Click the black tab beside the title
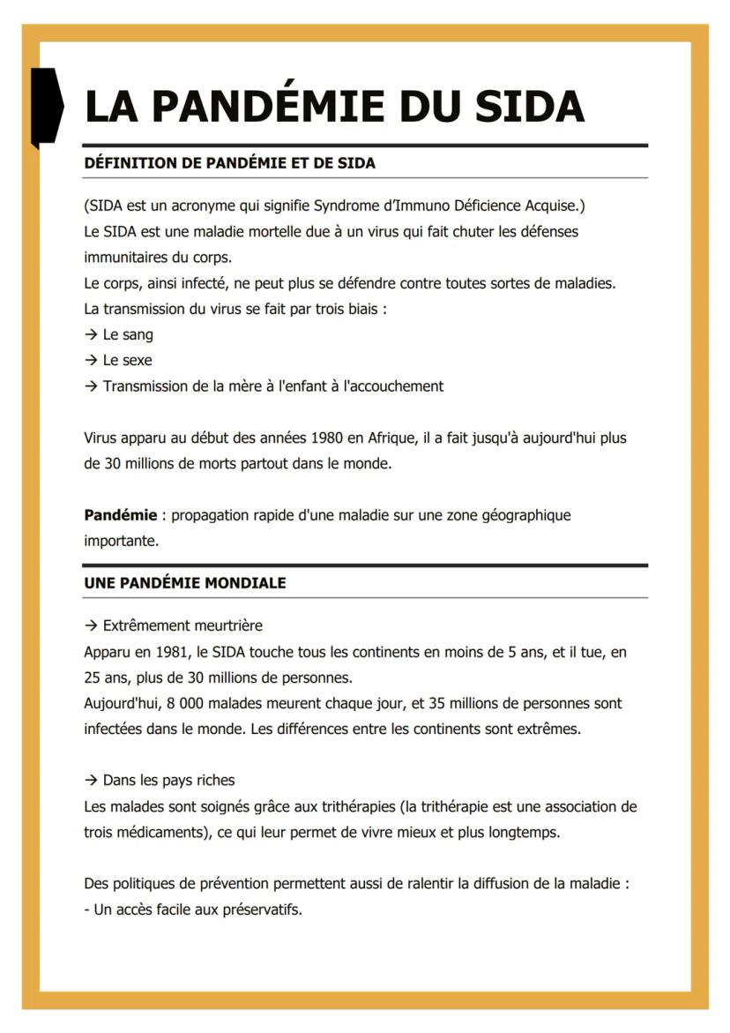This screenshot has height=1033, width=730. click(x=47, y=107)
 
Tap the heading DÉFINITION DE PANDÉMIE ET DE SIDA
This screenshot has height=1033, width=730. click(x=229, y=163)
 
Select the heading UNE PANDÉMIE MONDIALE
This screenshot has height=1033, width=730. click(x=184, y=583)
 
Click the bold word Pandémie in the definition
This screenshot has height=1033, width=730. click(x=120, y=515)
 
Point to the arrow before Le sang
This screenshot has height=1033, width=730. click(x=91, y=335)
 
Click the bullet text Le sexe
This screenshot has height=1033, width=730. click(x=127, y=361)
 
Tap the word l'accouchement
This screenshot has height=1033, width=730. click(x=393, y=386)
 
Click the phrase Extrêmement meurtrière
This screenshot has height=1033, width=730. click(x=182, y=626)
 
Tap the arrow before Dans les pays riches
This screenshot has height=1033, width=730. click(x=91, y=781)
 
